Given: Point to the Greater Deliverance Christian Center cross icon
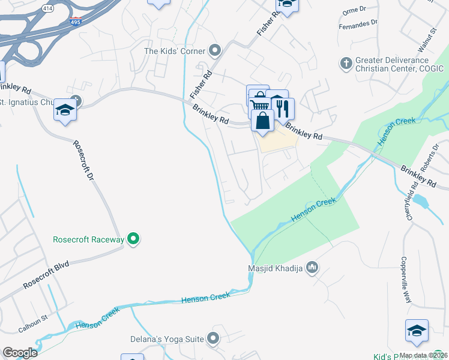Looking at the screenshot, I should pyautogui.click(x=346, y=64).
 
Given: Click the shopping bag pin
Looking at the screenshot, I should pyautogui.click(x=263, y=121).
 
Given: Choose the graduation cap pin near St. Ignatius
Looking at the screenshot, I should pyautogui.click(x=65, y=111).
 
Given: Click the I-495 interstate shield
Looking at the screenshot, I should pyautogui.click(x=76, y=22).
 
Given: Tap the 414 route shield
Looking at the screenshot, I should pyautogui.click(x=47, y=7).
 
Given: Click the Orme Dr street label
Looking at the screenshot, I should pyautogui.click(x=354, y=10).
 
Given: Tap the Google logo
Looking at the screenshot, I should pyautogui.click(x=20, y=353).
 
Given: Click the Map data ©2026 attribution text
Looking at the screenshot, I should pyautogui.click(x=424, y=355).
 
